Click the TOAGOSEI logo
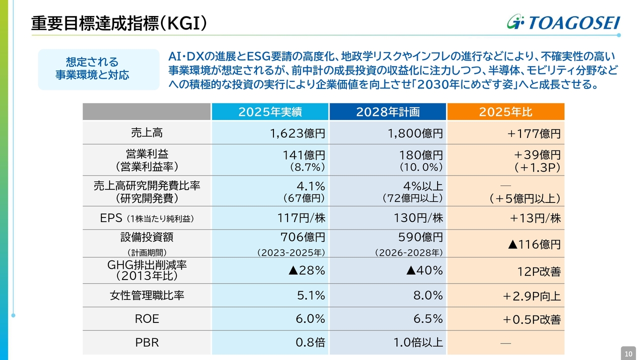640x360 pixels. [x=563, y=22]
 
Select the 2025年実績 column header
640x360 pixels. [x=270, y=112]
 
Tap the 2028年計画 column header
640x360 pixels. [x=387, y=112]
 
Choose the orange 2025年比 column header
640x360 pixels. [x=505, y=112]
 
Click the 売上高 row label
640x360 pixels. [x=146, y=133]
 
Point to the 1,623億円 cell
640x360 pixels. [x=297, y=133]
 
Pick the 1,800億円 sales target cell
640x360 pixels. [x=415, y=133]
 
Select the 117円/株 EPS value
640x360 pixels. [x=301, y=218]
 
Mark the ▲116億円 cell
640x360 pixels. [x=534, y=244]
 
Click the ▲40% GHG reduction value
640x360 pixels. [x=424, y=270]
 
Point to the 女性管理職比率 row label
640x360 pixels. [x=146, y=295]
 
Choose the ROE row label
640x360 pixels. [x=146, y=319]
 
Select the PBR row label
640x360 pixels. [x=146, y=342]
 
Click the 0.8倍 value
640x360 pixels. [x=310, y=342]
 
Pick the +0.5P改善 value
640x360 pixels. [x=531, y=319]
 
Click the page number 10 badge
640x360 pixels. [x=628, y=353]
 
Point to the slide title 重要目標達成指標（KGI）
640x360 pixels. [x=119, y=23]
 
